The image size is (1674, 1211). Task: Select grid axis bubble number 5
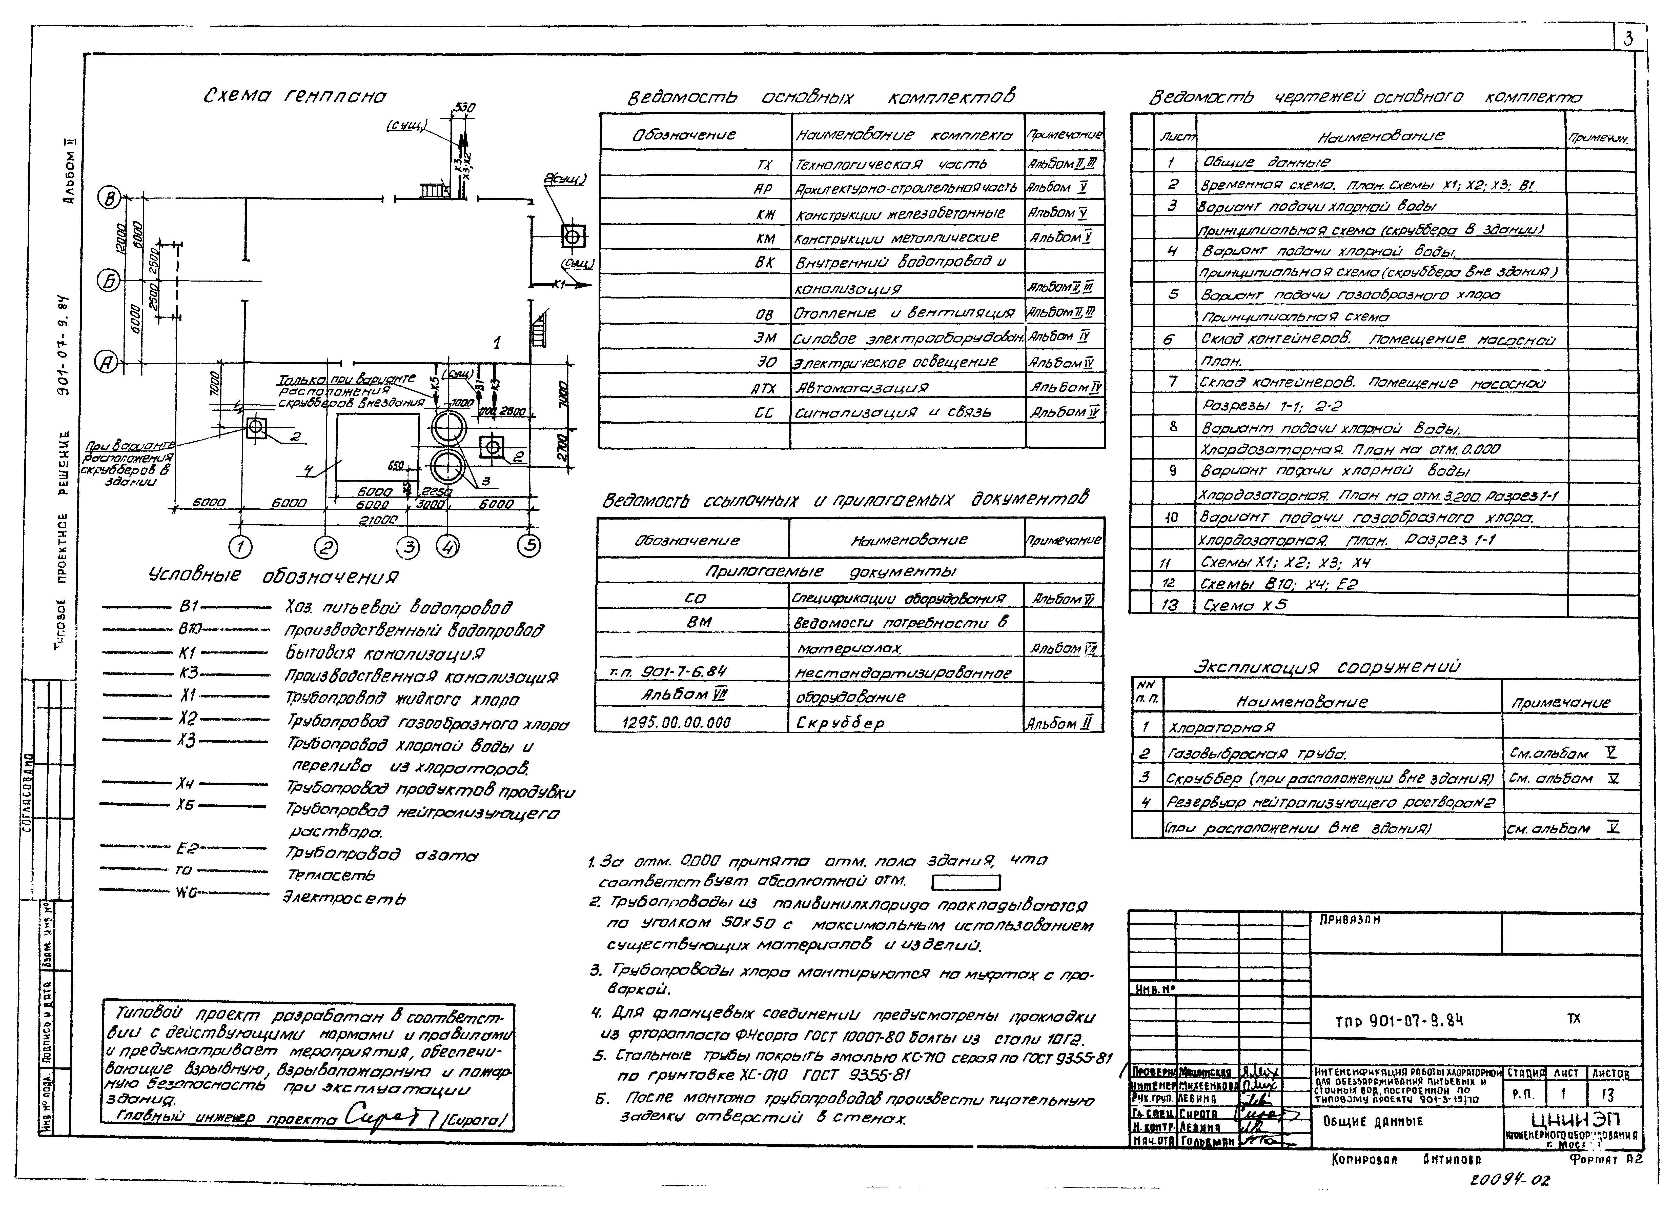coord(528,546)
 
